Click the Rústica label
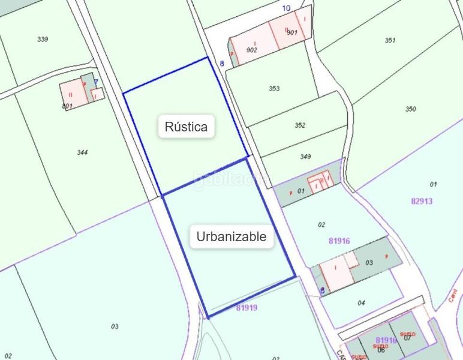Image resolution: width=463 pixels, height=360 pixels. click(186, 127)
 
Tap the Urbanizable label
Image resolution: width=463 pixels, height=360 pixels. click(231, 236)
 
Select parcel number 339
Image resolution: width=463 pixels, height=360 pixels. click(43, 39)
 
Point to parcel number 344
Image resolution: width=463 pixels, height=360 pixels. click(83, 152)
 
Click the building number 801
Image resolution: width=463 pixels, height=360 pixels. click(67, 106)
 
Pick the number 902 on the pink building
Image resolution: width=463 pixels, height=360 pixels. click(251, 50)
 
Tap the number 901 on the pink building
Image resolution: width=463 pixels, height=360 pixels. click(292, 33)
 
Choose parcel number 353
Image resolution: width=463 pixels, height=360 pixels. click(274, 88)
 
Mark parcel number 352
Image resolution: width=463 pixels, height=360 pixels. click(300, 125)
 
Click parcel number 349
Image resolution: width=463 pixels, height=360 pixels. click(305, 157)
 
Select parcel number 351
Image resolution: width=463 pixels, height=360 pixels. click(390, 40)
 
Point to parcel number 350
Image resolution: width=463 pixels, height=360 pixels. click(410, 109)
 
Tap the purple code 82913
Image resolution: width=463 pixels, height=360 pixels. click(422, 202)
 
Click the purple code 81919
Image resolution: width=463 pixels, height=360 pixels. click(246, 308)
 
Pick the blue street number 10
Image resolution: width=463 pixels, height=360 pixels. click(286, 8)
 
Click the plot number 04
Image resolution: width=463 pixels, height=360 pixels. click(361, 303)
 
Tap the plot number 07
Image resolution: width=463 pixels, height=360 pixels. click(408, 337)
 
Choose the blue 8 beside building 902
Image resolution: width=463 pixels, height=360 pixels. click(222, 63)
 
